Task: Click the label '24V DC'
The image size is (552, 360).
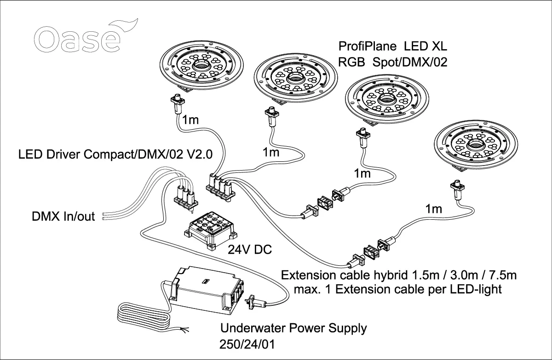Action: coord(250,250)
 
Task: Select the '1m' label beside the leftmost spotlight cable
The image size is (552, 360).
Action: coord(190,120)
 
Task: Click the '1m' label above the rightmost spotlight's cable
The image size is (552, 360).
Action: coord(434,209)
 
